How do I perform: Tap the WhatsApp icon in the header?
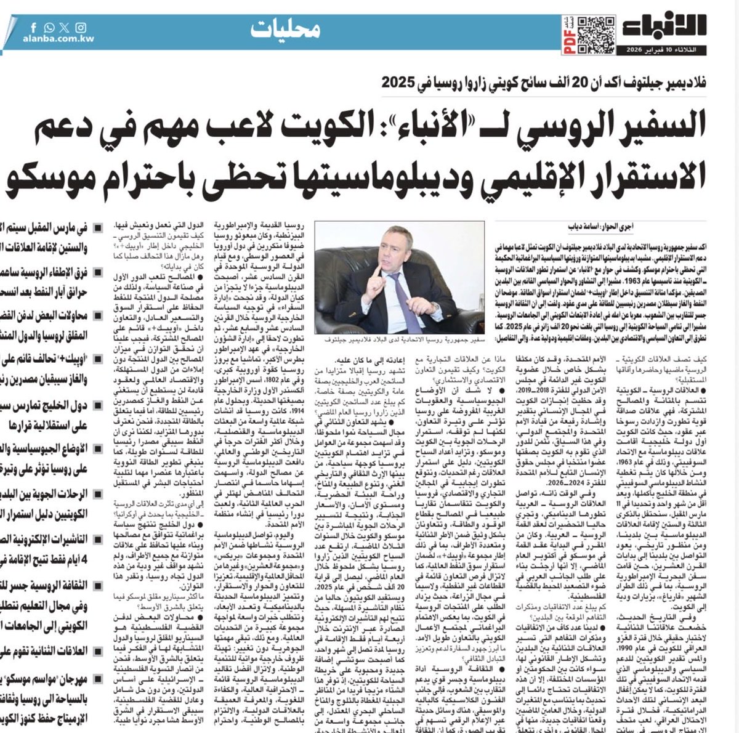[x=49, y=28]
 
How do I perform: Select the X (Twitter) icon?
[x=65, y=28]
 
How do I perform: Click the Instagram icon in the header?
[x=81, y=28]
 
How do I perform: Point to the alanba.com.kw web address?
[x=57, y=40]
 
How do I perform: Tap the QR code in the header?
[x=595, y=31]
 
